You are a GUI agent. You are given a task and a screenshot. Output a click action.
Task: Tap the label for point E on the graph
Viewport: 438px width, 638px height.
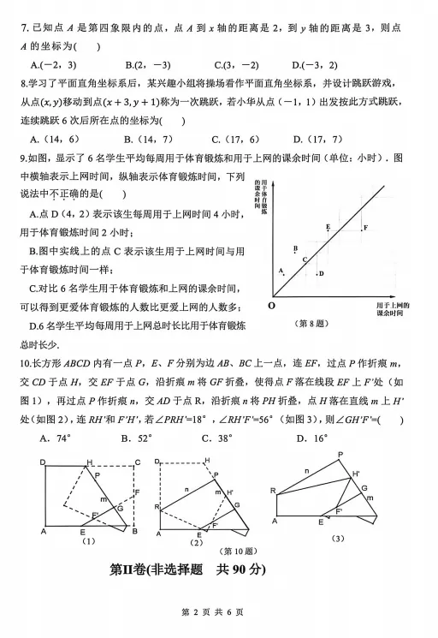click(328, 226)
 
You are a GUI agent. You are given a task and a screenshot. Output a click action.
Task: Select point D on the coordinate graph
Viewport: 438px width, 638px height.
click(321, 273)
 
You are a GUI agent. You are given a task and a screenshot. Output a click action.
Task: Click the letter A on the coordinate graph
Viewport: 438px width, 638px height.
click(281, 270)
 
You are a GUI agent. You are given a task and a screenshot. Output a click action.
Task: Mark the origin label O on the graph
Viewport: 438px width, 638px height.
click(271, 305)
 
